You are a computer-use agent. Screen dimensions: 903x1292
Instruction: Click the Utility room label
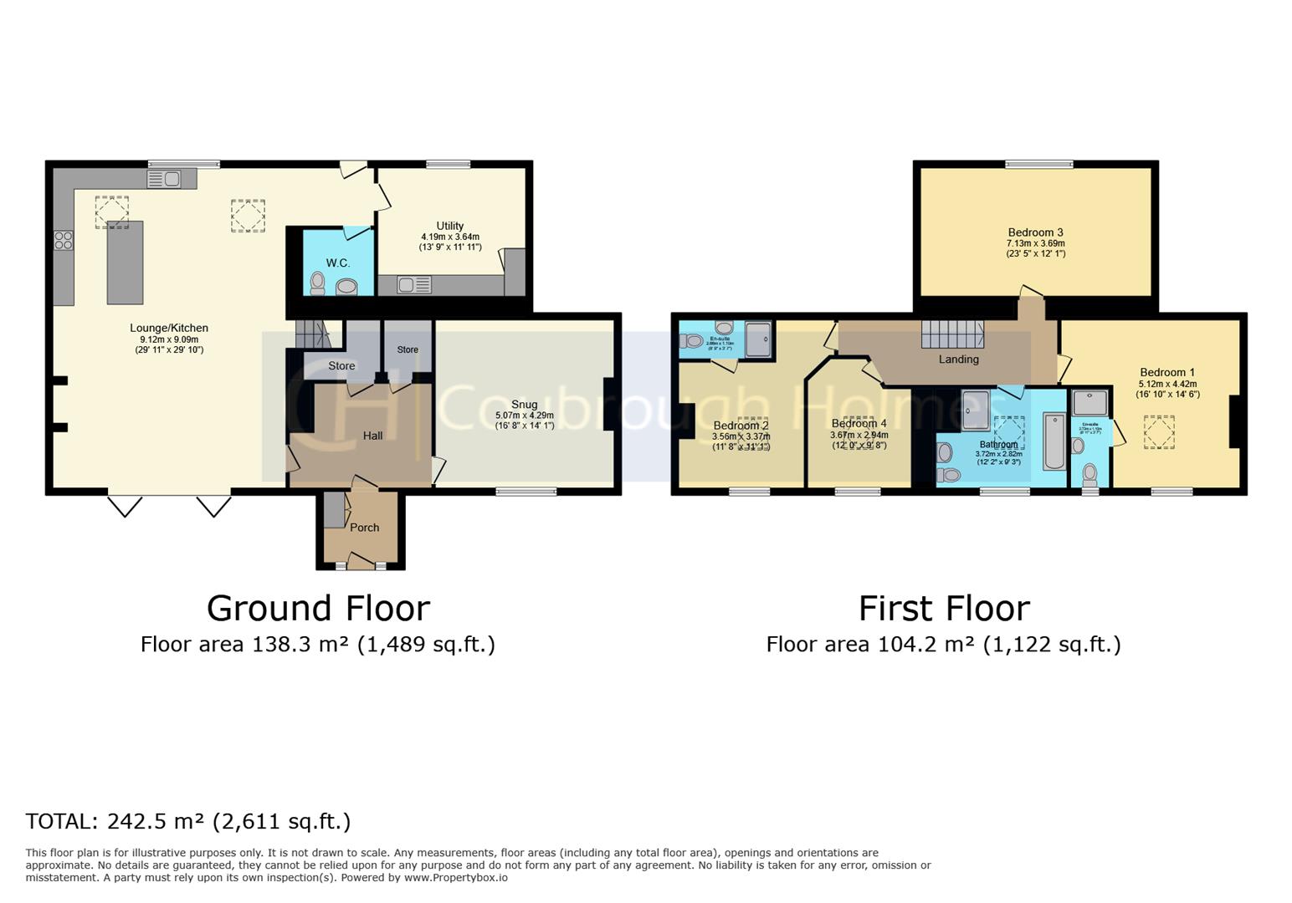point(449,226)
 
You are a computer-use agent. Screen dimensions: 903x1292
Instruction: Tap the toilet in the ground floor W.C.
point(317,283)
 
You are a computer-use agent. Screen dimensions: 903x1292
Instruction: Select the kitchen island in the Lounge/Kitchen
point(125,262)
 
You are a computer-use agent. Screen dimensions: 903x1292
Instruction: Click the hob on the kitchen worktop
point(64,241)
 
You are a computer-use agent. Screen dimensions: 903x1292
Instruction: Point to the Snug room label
point(524,404)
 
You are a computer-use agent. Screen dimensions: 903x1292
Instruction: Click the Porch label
point(364,528)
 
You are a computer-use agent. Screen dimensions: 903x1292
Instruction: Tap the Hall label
point(372,436)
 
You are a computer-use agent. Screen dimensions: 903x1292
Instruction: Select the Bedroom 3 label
point(1035,232)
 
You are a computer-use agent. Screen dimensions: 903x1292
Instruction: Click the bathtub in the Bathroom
point(1054,441)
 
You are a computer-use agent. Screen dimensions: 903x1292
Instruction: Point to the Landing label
point(958,360)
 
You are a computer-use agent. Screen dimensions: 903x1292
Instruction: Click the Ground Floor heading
point(318,608)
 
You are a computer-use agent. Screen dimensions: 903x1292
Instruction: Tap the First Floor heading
point(943,608)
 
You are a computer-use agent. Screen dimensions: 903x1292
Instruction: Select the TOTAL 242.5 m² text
point(187,821)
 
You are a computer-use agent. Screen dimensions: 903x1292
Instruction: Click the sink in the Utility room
point(413,286)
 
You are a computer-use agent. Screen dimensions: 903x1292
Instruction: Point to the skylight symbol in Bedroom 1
point(1160,433)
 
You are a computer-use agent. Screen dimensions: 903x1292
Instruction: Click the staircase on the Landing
point(952,334)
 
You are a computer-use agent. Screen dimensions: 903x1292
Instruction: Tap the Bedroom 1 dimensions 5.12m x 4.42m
point(1167,385)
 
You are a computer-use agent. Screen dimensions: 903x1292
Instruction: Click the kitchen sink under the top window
point(164,179)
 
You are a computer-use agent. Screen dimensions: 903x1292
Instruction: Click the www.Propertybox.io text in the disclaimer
point(455,878)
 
